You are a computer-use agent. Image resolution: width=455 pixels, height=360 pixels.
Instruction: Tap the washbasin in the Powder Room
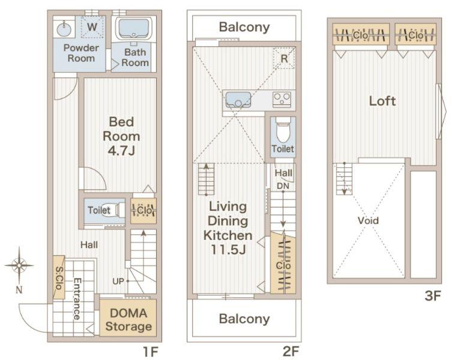(64, 29)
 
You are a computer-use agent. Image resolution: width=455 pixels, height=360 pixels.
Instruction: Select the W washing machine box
(92, 27)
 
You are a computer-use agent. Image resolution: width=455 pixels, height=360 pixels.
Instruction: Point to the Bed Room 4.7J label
(121, 136)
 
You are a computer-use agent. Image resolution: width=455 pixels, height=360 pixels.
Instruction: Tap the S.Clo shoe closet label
(59, 278)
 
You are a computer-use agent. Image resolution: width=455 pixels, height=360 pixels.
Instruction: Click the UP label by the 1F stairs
(118, 281)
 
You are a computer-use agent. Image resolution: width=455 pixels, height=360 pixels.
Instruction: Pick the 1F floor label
(151, 352)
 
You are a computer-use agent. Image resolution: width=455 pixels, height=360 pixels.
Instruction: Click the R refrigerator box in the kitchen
(284, 58)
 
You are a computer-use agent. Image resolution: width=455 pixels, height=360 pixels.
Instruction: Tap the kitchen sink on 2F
(238, 100)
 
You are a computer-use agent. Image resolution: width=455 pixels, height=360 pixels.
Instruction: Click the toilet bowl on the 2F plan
(283, 130)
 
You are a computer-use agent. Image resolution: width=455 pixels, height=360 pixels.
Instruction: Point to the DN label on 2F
(283, 186)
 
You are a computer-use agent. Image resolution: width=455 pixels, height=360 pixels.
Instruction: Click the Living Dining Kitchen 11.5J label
(227, 228)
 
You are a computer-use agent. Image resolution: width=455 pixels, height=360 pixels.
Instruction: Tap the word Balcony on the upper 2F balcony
(244, 27)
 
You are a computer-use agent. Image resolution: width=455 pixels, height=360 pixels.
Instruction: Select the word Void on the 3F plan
(368, 220)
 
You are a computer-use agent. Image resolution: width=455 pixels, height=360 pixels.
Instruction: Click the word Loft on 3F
(382, 101)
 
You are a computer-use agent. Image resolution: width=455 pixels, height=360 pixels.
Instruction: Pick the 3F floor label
(433, 296)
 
